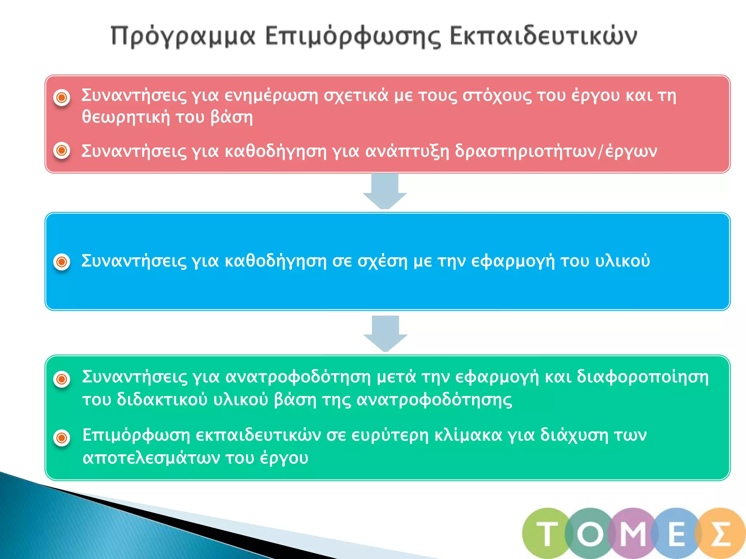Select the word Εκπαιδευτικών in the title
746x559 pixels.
click(x=543, y=36)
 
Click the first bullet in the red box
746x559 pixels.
click(x=62, y=97)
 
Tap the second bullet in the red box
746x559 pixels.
click(x=62, y=150)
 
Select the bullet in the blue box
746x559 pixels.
click(x=62, y=261)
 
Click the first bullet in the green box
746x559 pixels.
click(x=62, y=379)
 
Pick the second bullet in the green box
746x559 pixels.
click(x=62, y=437)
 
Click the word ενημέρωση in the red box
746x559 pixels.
click(x=271, y=96)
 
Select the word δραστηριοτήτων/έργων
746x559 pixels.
click(x=556, y=151)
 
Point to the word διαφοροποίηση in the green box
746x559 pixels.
click(x=643, y=377)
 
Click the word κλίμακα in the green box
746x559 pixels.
click(x=468, y=435)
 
